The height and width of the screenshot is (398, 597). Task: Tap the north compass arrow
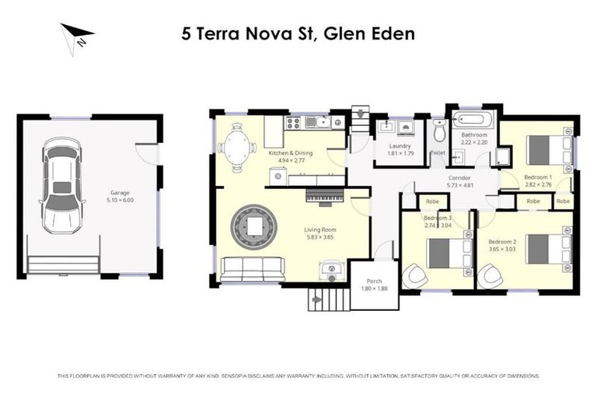pos(77,36)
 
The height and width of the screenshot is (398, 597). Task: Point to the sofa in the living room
pos(253,269)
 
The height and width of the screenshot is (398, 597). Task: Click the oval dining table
pos(238,145)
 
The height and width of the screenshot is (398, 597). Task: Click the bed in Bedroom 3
pos(438,253)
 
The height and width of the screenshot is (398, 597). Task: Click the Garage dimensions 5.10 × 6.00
pos(120,200)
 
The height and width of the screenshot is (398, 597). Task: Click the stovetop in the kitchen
pos(295,122)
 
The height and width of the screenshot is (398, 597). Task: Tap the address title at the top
pos(298,33)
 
